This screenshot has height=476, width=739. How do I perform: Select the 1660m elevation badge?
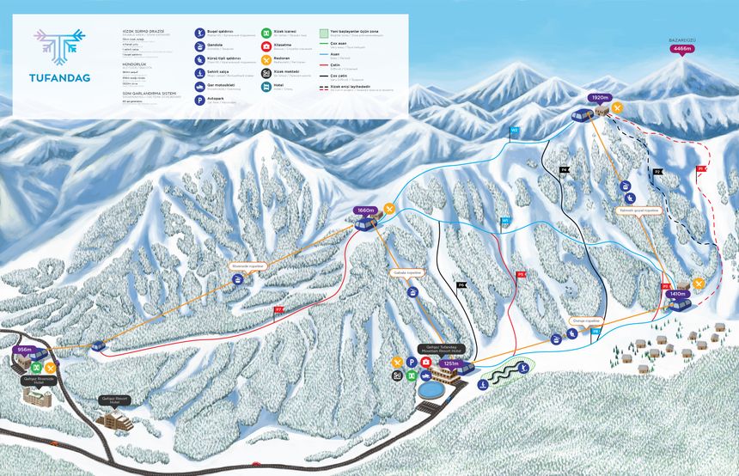tap(366, 210)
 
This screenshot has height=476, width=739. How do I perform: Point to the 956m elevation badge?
tap(25, 351)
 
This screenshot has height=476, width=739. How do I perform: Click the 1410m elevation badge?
tap(677, 294)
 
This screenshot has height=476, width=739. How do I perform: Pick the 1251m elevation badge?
tap(450, 363)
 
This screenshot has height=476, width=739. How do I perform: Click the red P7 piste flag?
tap(278, 308)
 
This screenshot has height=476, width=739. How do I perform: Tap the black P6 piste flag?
tap(461, 284)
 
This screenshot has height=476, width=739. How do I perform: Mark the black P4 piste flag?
tap(565, 170)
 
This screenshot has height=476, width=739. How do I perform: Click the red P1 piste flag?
tap(701, 169)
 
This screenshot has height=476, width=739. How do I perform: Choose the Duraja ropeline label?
tap(582, 320)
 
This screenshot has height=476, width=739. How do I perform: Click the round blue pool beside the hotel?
tap(432, 388)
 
